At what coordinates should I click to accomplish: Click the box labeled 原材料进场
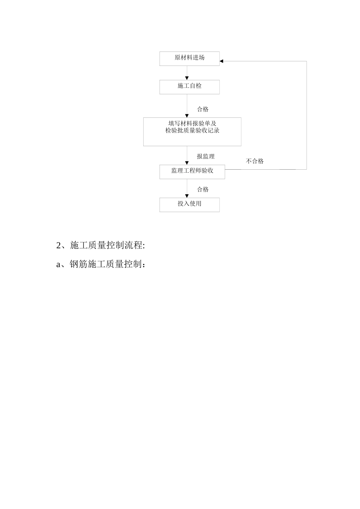pyautogui.click(x=189, y=58)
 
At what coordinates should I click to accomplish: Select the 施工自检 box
pyautogui.click(x=189, y=87)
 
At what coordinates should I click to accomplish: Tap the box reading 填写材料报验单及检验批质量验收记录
pyautogui.click(x=192, y=131)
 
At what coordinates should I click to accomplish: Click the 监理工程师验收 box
pyautogui.click(x=192, y=172)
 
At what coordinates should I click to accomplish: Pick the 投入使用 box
pyautogui.click(x=189, y=205)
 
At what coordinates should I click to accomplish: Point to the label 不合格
pyautogui.click(x=255, y=161)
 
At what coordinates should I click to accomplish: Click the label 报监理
pyautogui.click(x=205, y=156)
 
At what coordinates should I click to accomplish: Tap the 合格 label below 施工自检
pyautogui.click(x=203, y=109)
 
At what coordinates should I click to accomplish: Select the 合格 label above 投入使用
pyautogui.click(x=203, y=189)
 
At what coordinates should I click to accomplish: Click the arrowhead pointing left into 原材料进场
pyautogui.click(x=222, y=61)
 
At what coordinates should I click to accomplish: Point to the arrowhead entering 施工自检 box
pyautogui.click(x=187, y=78)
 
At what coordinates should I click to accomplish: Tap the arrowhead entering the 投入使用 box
pyautogui.click(x=187, y=196)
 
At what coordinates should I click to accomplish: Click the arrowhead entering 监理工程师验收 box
pyautogui.click(x=187, y=163)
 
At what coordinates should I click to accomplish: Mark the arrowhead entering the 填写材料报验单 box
pyautogui.click(x=187, y=116)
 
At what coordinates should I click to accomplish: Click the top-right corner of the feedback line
pyautogui.click(x=307, y=61)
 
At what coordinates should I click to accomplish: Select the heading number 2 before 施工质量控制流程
pyautogui.click(x=59, y=245)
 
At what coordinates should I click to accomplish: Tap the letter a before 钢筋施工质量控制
pyautogui.click(x=58, y=264)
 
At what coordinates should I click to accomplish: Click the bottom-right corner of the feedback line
pyautogui.click(x=307, y=169)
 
